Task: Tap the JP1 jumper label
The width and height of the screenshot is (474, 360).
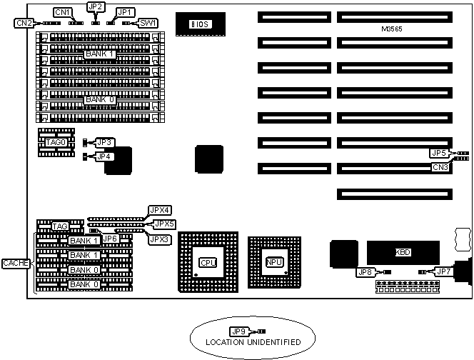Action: tap(124, 12)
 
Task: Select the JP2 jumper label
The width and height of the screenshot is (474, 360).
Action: tap(95, 6)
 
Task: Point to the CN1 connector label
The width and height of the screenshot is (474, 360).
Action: tap(63, 12)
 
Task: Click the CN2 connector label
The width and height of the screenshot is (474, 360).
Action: tap(24, 23)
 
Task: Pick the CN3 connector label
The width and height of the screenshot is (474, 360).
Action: tap(440, 166)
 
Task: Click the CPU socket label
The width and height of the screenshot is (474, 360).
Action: tap(208, 262)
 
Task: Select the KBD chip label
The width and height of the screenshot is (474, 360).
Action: tap(403, 252)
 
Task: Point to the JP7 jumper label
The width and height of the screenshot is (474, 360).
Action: tap(443, 271)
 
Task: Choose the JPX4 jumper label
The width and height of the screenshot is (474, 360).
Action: tap(159, 210)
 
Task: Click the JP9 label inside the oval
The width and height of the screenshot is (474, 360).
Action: tap(238, 331)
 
